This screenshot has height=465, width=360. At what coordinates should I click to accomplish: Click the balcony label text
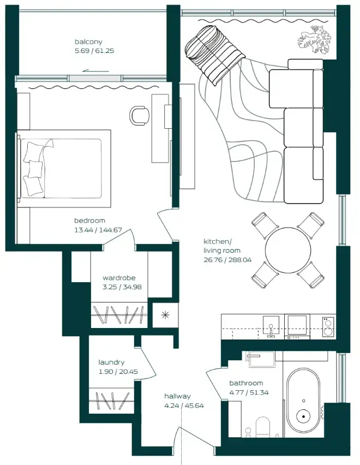[x=88, y=41]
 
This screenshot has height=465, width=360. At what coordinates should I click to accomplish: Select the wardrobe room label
[x=118, y=278]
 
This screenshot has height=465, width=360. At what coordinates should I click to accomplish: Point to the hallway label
[x=177, y=396]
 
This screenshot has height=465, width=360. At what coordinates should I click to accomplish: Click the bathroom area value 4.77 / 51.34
[x=249, y=392]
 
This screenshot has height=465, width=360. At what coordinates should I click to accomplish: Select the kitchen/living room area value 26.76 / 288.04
[x=227, y=260]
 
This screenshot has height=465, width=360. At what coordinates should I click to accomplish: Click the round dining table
[x=288, y=251]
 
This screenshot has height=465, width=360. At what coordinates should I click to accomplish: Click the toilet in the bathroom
[x=263, y=427]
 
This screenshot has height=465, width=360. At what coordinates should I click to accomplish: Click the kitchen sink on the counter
[x=271, y=326]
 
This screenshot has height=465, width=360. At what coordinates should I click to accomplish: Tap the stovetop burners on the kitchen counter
[x=328, y=326]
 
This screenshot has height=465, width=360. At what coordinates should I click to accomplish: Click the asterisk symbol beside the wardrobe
[x=163, y=315]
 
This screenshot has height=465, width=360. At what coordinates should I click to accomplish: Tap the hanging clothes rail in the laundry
[x=111, y=402]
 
